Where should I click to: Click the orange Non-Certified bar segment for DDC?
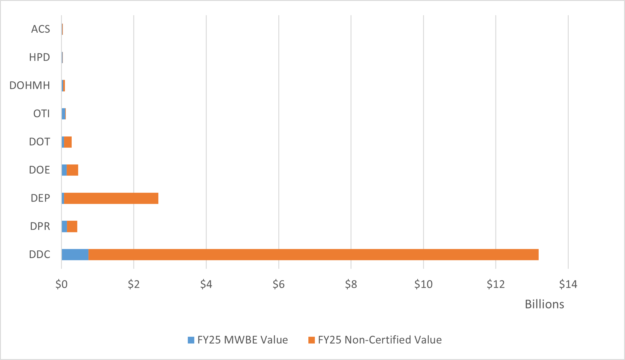pyautogui.click(x=313, y=255)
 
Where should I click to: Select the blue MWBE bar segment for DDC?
pyautogui.click(x=75, y=255)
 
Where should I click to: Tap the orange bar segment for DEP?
pyautogui.click(x=111, y=198)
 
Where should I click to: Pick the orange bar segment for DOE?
pyautogui.click(x=72, y=170)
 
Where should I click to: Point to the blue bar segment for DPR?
pyautogui.click(x=64, y=226)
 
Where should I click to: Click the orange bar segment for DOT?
pyautogui.click(x=68, y=142)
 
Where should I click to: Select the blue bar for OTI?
pyautogui.click(x=63, y=114)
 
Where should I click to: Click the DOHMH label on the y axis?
pyautogui.click(x=30, y=85)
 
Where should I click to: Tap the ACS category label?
pyautogui.click(x=41, y=29)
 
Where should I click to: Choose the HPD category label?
pyautogui.click(x=40, y=57)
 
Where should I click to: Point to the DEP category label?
pyautogui.click(x=40, y=198)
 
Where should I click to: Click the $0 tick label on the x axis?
pyautogui.click(x=62, y=284)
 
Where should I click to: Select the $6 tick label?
pyautogui.click(x=279, y=284)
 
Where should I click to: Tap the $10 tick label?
pyautogui.click(x=423, y=284)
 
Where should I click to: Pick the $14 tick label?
pyautogui.click(x=568, y=284)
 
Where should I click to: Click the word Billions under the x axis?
pyautogui.click(x=544, y=304)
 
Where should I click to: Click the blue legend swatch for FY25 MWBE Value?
pyautogui.click(x=191, y=340)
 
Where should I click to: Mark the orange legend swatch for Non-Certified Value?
pyautogui.click(x=311, y=340)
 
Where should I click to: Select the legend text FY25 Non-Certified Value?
pyautogui.click(x=380, y=340)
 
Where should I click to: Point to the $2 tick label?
pyautogui.click(x=134, y=284)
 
